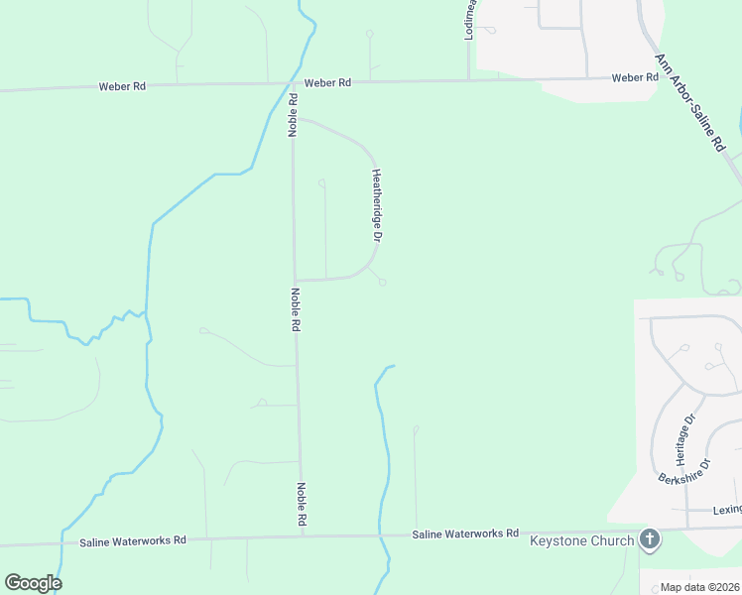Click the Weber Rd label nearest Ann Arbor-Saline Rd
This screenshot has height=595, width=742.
point(635,77)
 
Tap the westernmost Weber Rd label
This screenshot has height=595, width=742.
point(122,86)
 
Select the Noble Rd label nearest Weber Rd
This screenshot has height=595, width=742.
point(294,115)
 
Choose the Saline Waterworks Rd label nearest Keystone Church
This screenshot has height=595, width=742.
point(465,534)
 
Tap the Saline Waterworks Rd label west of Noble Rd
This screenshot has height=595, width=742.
point(133,540)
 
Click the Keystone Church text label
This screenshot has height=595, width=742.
point(581,540)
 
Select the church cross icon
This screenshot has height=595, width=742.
point(650,539)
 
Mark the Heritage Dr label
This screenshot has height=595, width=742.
point(681,439)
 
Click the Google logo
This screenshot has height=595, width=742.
point(33,583)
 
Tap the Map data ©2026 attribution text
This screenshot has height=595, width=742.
point(699,587)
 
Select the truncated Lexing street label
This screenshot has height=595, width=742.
point(727,509)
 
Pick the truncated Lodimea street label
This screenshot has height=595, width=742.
point(471,20)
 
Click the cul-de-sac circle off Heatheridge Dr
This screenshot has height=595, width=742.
point(382,283)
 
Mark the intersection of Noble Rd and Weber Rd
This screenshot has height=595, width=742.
point(292,83)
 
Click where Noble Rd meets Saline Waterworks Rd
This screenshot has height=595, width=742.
point(303,536)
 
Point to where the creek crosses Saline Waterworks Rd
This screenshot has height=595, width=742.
point(381,535)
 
